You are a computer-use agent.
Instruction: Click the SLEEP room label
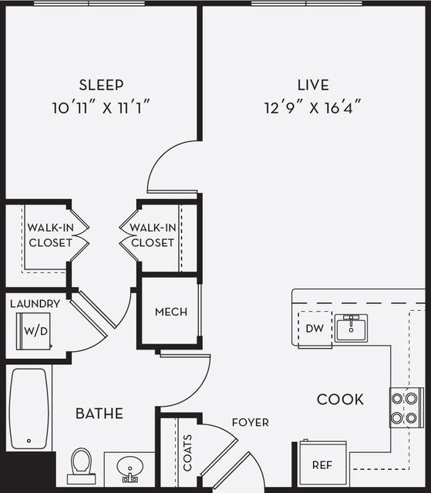tap(101, 85)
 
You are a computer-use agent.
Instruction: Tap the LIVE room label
tap(313, 85)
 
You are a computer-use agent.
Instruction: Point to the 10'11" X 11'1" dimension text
tap(100, 107)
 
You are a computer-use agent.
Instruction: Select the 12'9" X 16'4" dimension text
tap(312, 107)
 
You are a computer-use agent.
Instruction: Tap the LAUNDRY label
tap(35, 303)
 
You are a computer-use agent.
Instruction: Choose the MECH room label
tap(170, 312)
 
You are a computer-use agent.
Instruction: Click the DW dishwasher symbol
tap(314, 329)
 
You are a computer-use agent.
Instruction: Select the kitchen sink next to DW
tap(351, 327)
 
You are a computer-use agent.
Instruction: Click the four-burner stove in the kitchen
tap(406, 407)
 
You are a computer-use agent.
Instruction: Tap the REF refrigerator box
tap(322, 465)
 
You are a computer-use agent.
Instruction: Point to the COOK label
tap(340, 399)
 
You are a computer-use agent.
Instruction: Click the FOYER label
tap(251, 422)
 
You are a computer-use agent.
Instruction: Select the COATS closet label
tap(188, 452)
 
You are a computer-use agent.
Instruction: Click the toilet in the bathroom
tap(82, 465)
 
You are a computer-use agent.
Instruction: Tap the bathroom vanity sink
tap(128, 468)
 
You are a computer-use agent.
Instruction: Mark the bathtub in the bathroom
tap(29, 409)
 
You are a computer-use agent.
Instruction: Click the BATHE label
tap(99, 414)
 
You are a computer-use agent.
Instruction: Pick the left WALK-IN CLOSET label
tap(50, 235)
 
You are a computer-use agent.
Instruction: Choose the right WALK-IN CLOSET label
tap(152, 235)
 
